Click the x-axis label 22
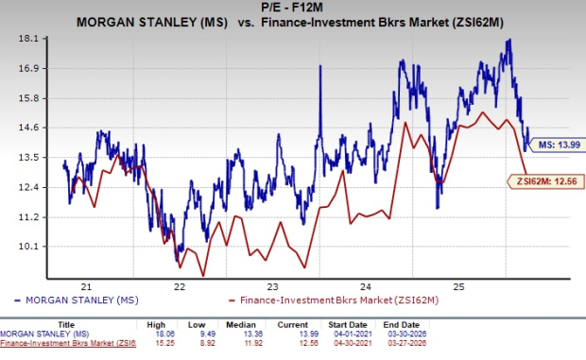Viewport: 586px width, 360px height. click(180, 286)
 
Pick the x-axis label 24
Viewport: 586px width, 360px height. click(366, 286)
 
